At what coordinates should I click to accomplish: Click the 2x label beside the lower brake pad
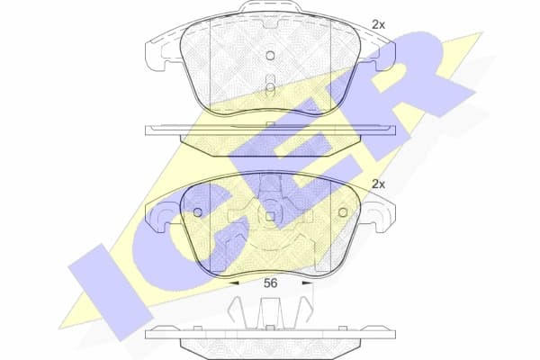click(x=379, y=184)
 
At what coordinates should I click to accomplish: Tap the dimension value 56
click(x=270, y=283)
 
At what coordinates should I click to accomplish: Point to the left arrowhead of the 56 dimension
click(x=233, y=283)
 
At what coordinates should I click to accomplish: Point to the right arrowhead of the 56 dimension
click(x=307, y=283)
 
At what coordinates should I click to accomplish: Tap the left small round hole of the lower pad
click(x=197, y=211)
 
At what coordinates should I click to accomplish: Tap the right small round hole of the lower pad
click(x=343, y=211)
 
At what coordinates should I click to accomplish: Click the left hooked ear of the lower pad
click(x=157, y=214)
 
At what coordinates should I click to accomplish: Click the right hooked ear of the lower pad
click(x=382, y=214)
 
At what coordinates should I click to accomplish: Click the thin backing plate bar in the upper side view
click(x=270, y=130)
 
